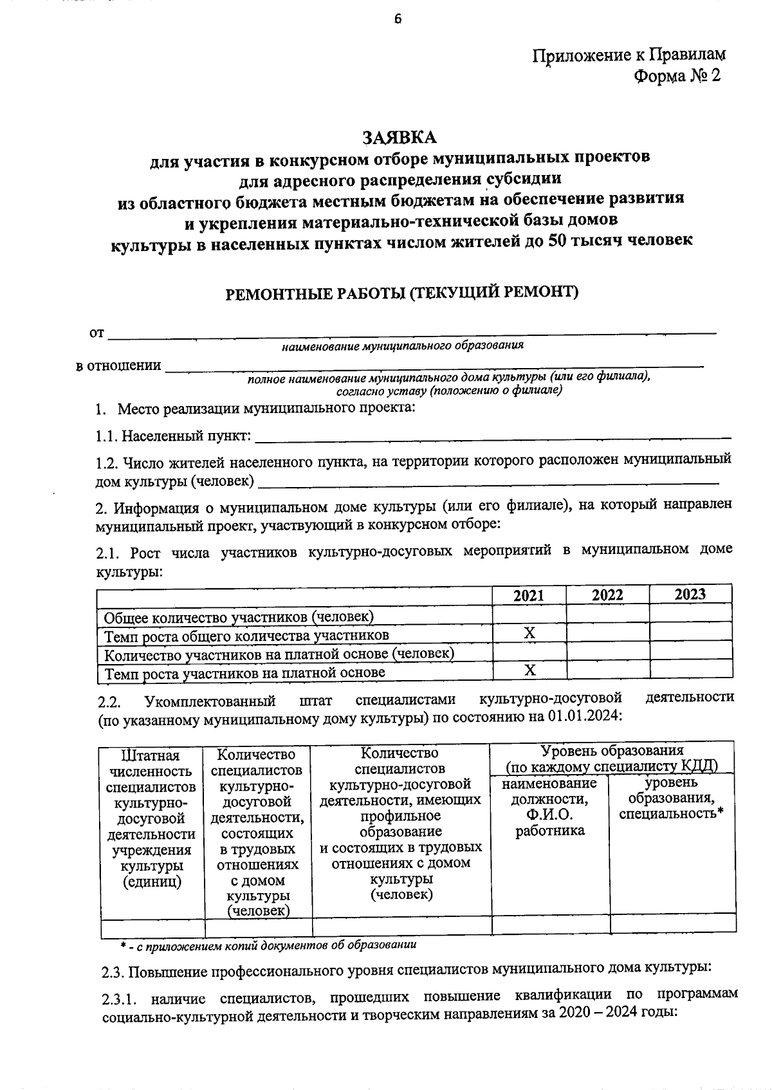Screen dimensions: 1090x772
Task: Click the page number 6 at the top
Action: [x=397, y=19]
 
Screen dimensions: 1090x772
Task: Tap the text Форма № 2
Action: [x=677, y=76]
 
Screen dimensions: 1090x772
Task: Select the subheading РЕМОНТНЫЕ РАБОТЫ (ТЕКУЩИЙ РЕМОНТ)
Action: [x=402, y=293]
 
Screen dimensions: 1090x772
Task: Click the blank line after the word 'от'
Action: [x=412, y=332]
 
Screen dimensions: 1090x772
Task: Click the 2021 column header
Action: [x=529, y=595]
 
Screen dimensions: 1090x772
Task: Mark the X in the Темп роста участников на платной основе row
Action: [x=529, y=670]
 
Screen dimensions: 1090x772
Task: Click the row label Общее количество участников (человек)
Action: [x=239, y=617]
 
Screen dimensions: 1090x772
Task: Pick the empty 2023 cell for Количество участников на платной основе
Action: [x=690, y=652]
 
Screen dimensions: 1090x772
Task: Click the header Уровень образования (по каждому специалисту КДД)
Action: [x=611, y=759]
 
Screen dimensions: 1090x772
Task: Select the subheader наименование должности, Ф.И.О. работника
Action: [x=549, y=807]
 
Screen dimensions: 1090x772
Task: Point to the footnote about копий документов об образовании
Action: [x=268, y=945]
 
